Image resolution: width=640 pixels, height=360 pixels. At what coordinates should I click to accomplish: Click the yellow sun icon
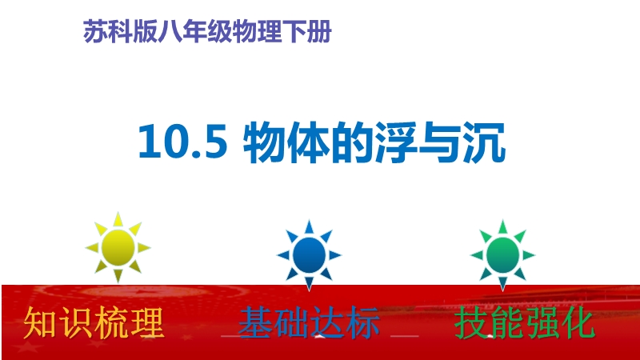point(118,247)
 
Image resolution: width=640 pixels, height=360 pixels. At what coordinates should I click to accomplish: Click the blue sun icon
point(309,255)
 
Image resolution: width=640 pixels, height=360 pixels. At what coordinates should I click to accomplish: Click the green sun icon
point(502,255)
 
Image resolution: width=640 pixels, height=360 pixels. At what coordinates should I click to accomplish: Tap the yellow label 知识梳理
point(94,323)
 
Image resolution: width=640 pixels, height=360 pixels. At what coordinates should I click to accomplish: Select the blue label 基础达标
point(309,323)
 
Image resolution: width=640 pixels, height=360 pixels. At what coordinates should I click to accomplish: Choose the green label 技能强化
point(525,323)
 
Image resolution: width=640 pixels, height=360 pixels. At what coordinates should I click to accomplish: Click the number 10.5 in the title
point(182,142)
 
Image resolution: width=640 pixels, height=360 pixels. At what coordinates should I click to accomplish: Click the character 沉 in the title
point(485,142)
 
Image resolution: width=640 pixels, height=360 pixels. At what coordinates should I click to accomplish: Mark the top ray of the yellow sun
point(118,219)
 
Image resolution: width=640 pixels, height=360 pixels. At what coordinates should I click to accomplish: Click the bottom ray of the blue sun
point(309,284)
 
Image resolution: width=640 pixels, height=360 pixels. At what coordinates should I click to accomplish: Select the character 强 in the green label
point(542,323)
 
